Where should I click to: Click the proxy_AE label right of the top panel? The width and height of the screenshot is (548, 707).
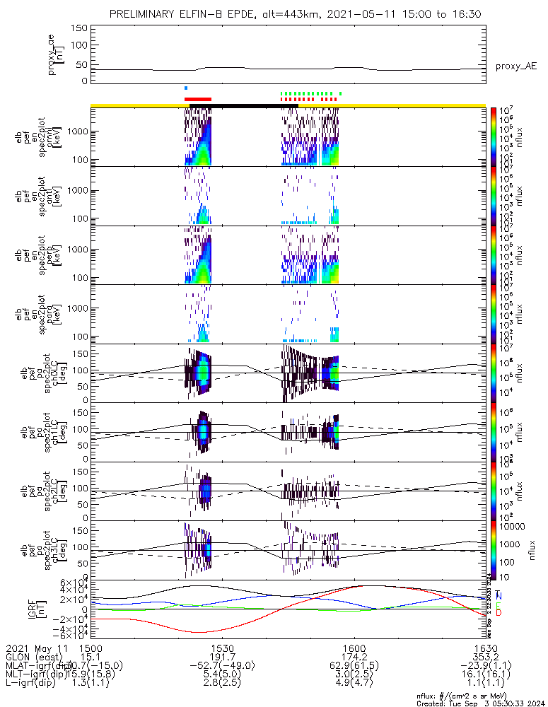point(515,66)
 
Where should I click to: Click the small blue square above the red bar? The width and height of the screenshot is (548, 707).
point(186,88)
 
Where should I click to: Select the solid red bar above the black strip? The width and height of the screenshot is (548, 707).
point(198,100)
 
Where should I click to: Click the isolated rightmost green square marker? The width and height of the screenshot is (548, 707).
point(340,93)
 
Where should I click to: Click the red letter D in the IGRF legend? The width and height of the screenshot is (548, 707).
point(499,612)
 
